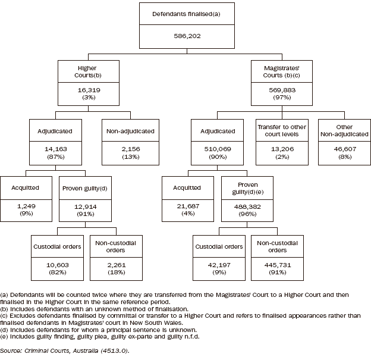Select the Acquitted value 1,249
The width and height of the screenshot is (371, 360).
coord(26,205)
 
